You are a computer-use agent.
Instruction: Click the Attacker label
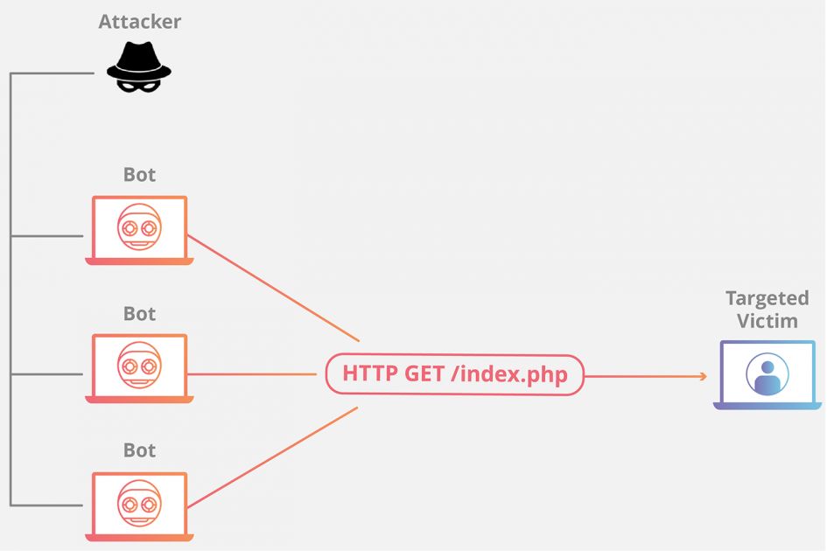coord(140,22)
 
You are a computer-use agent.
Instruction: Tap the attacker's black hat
coord(139,60)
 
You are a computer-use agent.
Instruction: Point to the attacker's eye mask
coord(138,87)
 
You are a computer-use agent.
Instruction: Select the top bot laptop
coord(139,230)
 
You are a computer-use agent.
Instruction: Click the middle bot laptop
coord(139,368)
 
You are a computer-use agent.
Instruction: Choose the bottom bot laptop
coord(139,506)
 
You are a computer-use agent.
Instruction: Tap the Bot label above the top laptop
coord(139,175)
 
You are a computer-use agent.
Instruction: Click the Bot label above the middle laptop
coord(139,314)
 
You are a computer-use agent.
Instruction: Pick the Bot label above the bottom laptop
coord(139,450)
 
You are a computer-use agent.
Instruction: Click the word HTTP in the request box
coord(370,373)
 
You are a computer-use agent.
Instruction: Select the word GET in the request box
coord(424,373)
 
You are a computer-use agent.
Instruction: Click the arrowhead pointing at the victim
coord(703,376)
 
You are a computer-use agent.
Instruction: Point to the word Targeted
coord(767,299)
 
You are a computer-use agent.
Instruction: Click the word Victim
coord(767,321)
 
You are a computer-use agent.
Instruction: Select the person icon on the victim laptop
coord(767,373)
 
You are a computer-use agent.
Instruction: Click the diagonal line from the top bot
coord(273,288)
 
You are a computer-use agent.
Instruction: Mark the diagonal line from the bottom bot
coord(273,457)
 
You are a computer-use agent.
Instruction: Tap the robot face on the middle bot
coord(139,365)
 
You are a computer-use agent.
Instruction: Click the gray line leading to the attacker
coord(53,73)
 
